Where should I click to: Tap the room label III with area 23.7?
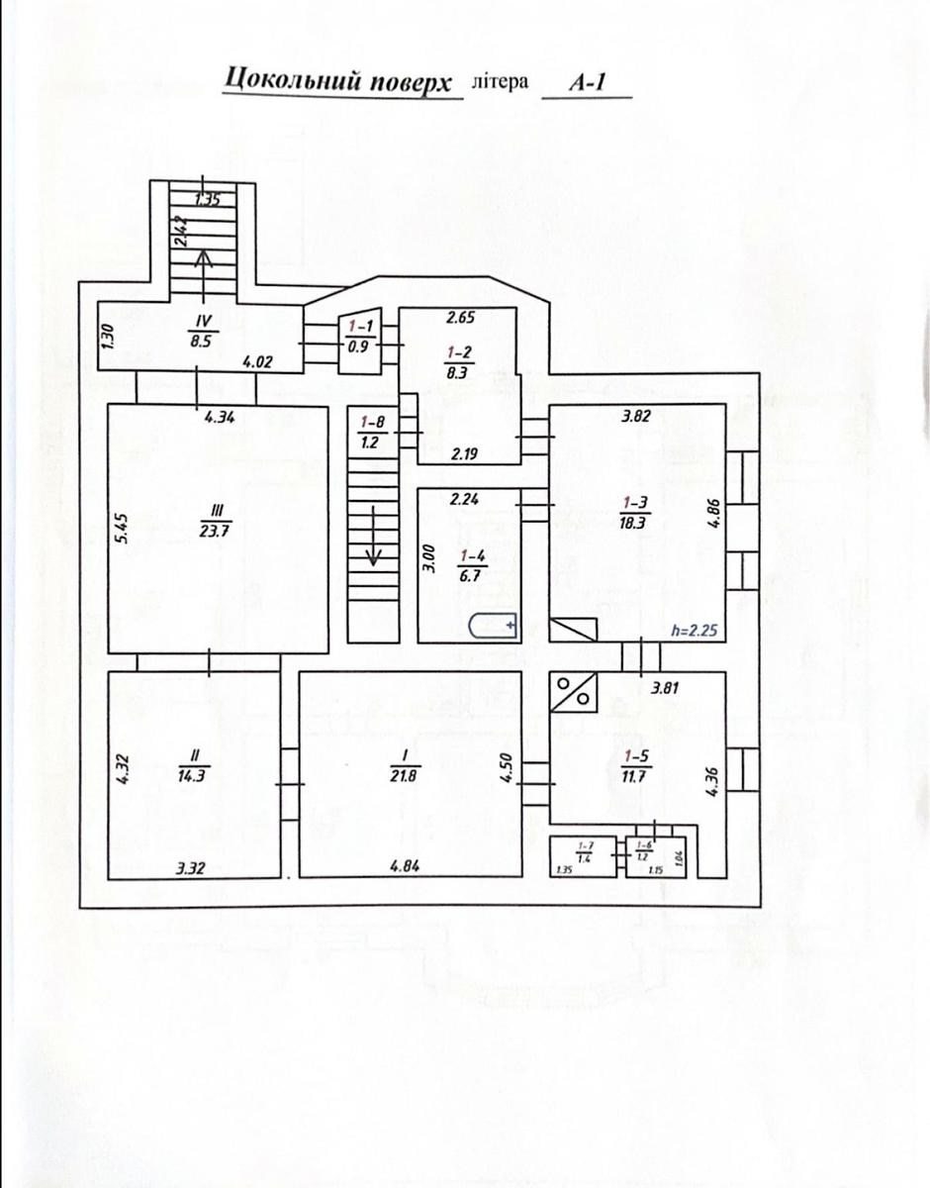coord(217,519)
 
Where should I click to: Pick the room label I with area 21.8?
coord(405,763)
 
